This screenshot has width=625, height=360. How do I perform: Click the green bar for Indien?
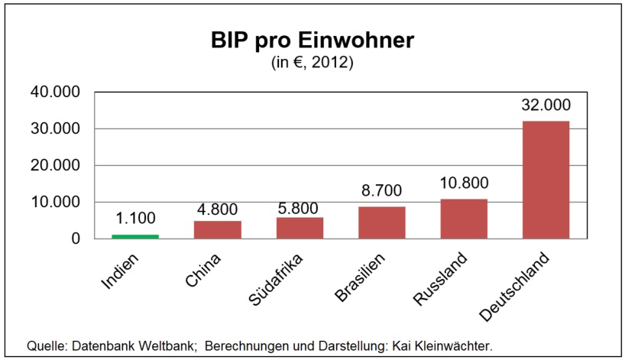[135, 236]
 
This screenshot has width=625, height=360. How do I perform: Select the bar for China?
[218, 229]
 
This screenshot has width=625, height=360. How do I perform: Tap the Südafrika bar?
[300, 228]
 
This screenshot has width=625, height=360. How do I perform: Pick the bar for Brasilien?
[381, 222]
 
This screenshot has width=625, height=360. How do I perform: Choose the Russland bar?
[464, 219]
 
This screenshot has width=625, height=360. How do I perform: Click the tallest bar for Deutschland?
[546, 180]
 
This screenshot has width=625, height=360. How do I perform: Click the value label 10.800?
[464, 183]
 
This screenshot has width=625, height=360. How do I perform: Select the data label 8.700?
[381, 191]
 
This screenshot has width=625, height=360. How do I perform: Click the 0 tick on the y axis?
[76, 239]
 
